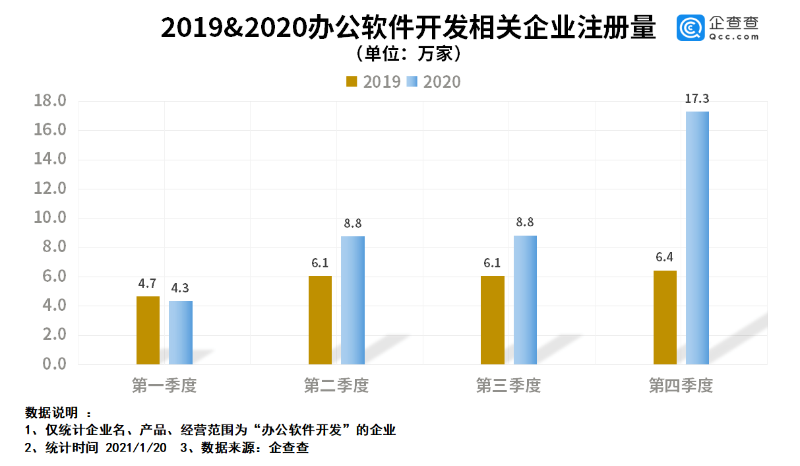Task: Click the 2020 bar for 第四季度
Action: click(697, 238)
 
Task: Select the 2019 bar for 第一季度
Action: click(148, 330)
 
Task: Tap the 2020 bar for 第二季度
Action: click(353, 300)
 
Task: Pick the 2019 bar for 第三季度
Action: click(493, 320)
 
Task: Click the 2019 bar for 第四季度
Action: click(665, 317)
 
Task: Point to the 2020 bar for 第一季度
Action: click(181, 333)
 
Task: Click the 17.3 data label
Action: click(697, 99)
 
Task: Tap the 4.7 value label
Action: click(147, 284)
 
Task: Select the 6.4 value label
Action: click(665, 257)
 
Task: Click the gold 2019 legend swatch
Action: click(352, 81)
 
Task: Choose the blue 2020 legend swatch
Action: click(412, 81)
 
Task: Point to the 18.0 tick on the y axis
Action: click(50, 101)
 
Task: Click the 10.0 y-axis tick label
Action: click(50, 218)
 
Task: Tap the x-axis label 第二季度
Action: click(336, 385)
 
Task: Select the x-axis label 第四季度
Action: click(681, 385)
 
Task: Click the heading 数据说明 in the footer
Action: click(51, 413)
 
